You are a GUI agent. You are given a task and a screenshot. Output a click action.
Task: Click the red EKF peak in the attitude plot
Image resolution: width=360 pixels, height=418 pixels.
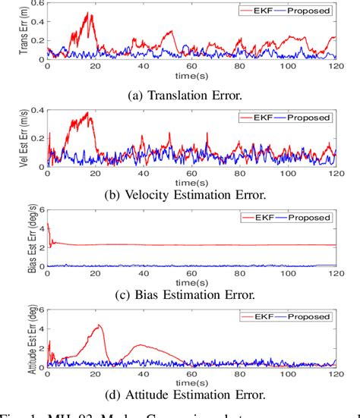pos(99,326)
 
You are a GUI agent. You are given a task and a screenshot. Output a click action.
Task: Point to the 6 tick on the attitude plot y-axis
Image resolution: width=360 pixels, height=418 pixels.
pos(41,311)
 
